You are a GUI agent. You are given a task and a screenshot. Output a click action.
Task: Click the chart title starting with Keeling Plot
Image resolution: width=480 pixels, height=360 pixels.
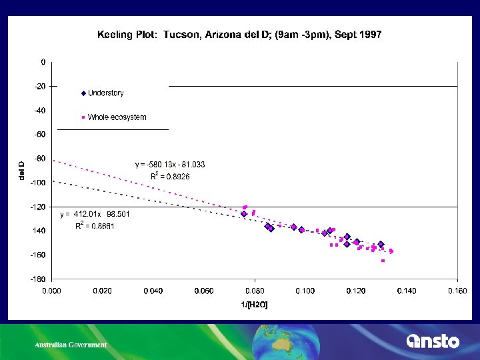239,34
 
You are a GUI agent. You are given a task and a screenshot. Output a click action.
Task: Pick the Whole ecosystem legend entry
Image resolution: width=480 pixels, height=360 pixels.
114,117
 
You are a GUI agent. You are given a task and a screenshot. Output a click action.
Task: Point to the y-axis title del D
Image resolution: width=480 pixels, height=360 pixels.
21,171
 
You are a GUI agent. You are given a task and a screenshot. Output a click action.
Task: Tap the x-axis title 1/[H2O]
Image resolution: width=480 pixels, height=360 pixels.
255,305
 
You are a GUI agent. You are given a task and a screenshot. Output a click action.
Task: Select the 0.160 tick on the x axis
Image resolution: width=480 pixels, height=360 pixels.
458,291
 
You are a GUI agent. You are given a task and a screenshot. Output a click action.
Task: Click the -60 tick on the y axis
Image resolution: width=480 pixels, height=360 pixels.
39,134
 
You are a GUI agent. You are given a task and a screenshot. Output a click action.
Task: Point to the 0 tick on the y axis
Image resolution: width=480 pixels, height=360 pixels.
43,62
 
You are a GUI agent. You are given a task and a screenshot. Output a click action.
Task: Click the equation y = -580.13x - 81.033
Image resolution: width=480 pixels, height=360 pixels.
169,164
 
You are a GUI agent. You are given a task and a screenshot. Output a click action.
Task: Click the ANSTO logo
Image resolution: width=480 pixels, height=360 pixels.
433,341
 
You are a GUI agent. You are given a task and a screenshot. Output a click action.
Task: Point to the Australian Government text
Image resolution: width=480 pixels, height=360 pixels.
71,345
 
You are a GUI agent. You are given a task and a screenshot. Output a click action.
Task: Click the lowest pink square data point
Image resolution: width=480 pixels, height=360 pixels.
383,261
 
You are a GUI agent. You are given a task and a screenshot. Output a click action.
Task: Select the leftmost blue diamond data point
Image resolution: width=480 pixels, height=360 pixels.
244,214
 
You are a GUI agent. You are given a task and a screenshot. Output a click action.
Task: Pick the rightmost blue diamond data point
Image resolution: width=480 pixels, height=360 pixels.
381,244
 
